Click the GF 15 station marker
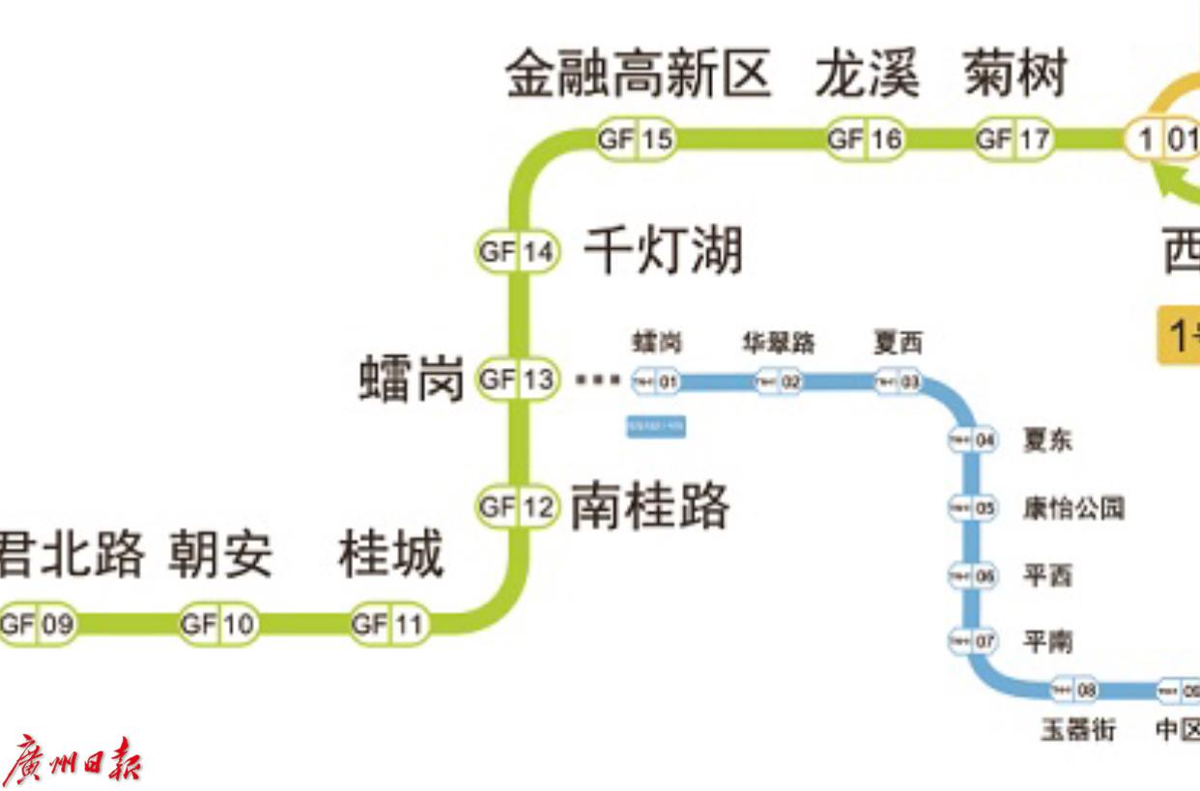click(x=635, y=139)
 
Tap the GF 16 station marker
click(x=865, y=139)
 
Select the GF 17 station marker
click(x=1013, y=139)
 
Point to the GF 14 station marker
click(x=518, y=252)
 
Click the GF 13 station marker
click(x=518, y=379)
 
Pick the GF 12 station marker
click(x=518, y=506)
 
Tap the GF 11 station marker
click(x=388, y=624)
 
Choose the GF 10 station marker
click(x=218, y=624)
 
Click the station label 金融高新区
click(x=639, y=75)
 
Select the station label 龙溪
click(x=867, y=75)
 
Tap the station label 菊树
click(x=1014, y=75)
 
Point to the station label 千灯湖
click(x=664, y=251)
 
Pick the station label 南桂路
click(x=649, y=506)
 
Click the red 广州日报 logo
click(x=72, y=760)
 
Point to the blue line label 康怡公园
click(x=1073, y=508)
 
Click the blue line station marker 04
click(x=973, y=440)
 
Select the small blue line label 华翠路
click(x=779, y=343)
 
